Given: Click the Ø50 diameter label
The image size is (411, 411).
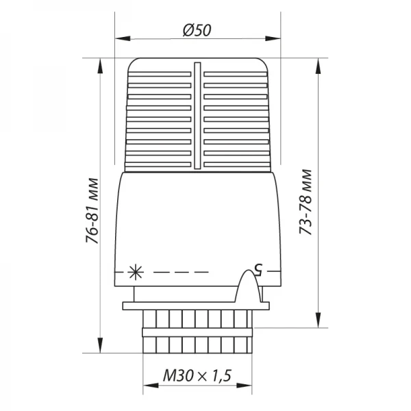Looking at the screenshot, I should pyautogui.click(x=197, y=30).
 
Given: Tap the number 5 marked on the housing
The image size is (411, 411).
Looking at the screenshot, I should pyautogui.click(x=259, y=268).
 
